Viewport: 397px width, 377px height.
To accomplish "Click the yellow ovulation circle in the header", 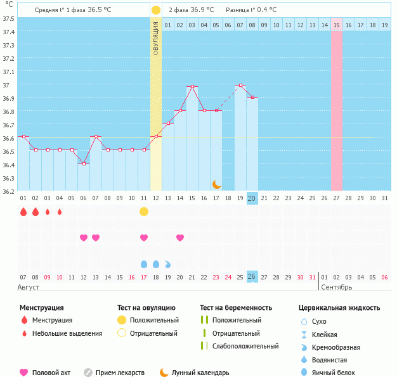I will [156, 10].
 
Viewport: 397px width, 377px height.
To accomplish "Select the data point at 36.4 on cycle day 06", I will [83, 163].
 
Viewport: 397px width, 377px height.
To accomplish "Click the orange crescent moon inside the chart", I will [216, 184].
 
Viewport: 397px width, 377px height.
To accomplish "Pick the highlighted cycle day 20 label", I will [252, 198].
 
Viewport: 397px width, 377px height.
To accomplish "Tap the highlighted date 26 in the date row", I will [252, 277].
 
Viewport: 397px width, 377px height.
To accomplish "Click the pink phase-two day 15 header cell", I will [336, 25].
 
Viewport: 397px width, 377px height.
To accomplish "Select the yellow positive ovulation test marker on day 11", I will [144, 211].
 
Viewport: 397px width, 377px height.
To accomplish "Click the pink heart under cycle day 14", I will [180, 238].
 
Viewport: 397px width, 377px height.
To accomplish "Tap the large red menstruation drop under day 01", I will [23, 212].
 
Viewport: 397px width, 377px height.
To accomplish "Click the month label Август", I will [29, 287].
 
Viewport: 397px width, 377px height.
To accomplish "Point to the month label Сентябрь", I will [336, 287].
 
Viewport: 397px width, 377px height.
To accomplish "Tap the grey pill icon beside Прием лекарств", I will [88, 373].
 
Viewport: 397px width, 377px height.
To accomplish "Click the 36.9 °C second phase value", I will [200, 10].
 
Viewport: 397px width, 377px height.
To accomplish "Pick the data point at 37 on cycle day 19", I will [240, 85].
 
